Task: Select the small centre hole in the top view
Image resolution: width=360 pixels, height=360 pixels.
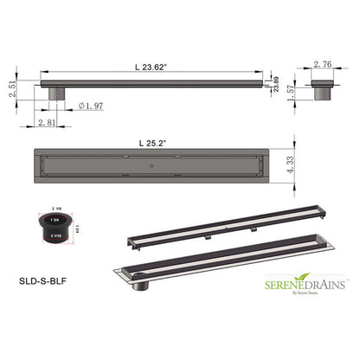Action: [152, 161]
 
